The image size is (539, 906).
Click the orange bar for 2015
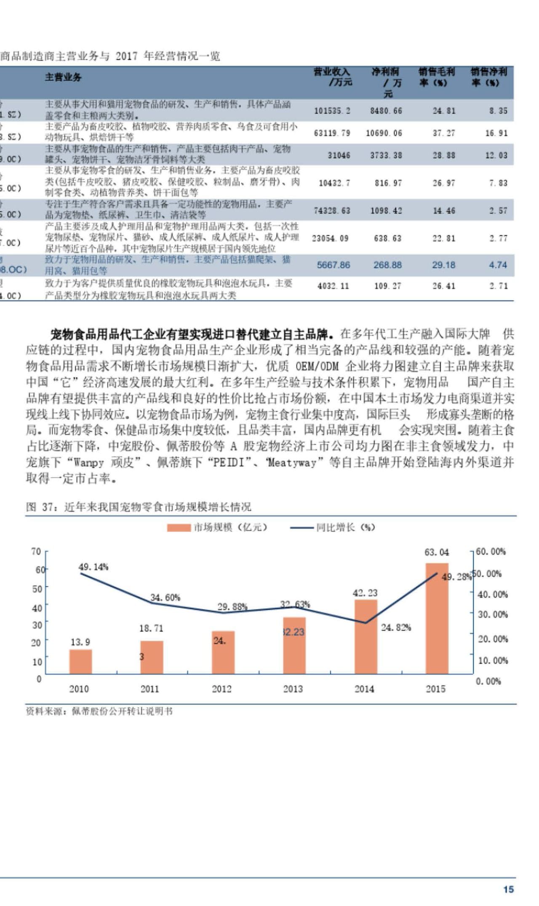click(x=437, y=618)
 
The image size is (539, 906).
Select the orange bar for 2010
click(x=80, y=662)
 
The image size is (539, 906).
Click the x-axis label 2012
click(x=221, y=689)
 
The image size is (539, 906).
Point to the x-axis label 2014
click(x=364, y=689)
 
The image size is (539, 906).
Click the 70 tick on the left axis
click(x=36, y=551)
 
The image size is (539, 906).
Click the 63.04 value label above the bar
click(x=437, y=552)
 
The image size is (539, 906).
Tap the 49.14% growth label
click(x=93, y=567)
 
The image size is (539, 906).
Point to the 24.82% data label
click(x=396, y=627)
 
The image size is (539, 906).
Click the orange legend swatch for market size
click(x=179, y=528)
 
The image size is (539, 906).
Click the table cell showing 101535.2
click(x=332, y=111)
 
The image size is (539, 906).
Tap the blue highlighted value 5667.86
click(x=333, y=265)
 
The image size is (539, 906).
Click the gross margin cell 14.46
click(x=444, y=211)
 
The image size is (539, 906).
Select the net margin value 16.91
click(x=496, y=133)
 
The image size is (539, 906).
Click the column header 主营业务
click(x=63, y=77)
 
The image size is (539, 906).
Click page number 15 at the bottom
click(x=509, y=889)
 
